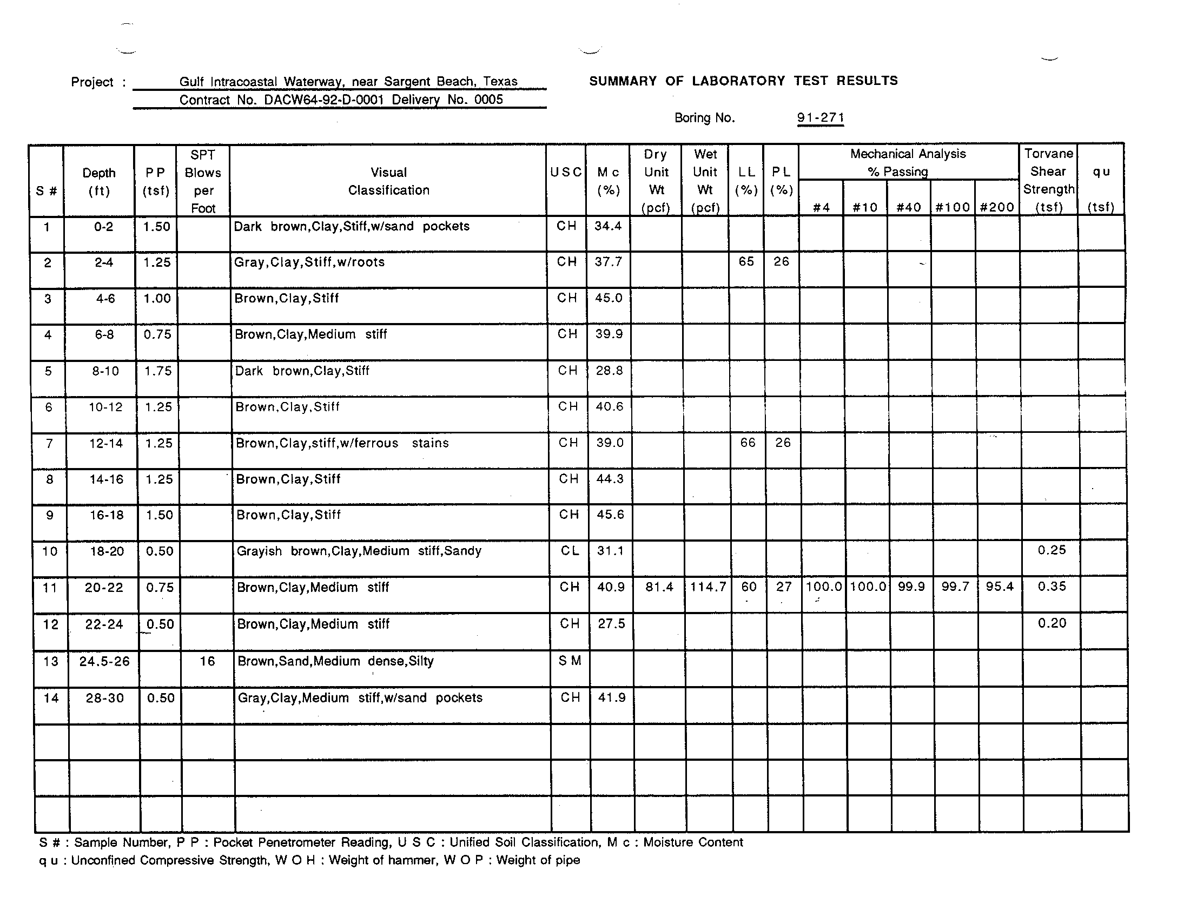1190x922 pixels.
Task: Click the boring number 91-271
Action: (820, 118)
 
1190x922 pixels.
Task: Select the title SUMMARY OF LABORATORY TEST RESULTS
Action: (743, 81)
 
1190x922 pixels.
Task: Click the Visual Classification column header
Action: (388, 181)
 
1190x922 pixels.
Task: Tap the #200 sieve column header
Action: (996, 207)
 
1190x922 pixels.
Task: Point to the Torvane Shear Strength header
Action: (1048, 180)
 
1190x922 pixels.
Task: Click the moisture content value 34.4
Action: (608, 226)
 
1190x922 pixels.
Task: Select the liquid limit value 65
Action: (746, 261)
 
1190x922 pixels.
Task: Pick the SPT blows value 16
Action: (207, 661)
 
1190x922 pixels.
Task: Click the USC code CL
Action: (570, 551)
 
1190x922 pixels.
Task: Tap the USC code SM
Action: (570, 661)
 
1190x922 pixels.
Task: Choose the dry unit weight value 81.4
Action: (659, 587)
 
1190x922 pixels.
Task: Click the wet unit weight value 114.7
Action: (708, 587)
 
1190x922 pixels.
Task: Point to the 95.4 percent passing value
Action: (999, 587)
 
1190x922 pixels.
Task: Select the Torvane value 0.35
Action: (1052, 587)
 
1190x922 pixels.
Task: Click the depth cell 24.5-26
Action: (104, 662)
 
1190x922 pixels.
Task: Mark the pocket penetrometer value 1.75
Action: (158, 371)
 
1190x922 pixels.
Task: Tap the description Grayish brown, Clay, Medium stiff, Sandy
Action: (359, 551)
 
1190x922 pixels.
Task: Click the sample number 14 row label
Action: (51, 698)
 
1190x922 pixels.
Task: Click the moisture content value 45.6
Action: (610, 515)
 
